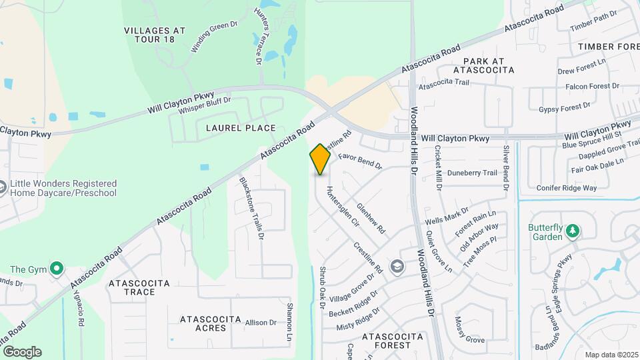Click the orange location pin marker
(x=320, y=159)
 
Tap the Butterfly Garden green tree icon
(x=572, y=231)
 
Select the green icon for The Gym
(x=57, y=269)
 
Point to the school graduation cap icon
(x=397, y=267)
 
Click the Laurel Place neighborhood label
(x=231, y=128)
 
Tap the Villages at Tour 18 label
(x=155, y=35)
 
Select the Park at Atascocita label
(x=484, y=65)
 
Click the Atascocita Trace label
(x=141, y=287)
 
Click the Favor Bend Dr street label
(x=359, y=161)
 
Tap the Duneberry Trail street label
(x=472, y=173)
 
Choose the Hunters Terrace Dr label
(x=258, y=37)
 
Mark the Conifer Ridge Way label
(x=566, y=188)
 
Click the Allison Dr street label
(x=261, y=323)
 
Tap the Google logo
(x=22, y=352)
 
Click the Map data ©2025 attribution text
(x=610, y=355)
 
